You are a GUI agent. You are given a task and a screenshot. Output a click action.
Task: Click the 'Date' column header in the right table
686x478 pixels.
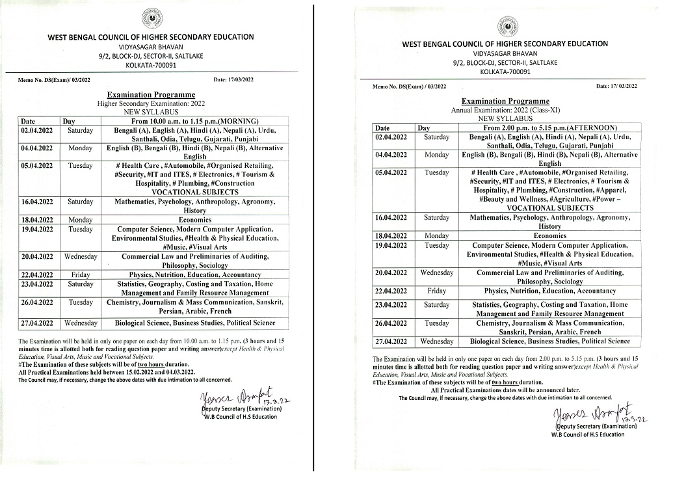pyautogui.click(x=382, y=128)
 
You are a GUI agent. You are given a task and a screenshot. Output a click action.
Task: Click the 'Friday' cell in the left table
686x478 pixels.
pyautogui.click(x=81, y=275)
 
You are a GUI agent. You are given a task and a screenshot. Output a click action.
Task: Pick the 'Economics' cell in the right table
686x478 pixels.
pyautogui.click(x=549, y=235)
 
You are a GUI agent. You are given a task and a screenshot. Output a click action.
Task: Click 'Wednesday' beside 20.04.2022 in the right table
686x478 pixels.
pyautogui.click(x=436, y=272)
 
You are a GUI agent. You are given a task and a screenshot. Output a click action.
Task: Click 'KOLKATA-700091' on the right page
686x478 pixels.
pyautogui.click(x=505, y=72)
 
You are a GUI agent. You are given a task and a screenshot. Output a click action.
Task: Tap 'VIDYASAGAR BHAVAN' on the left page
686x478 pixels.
pyautogui.click(x=152, y=47)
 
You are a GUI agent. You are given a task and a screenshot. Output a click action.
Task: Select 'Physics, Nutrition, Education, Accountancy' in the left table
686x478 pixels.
pyautogui.click(x=195, y=275)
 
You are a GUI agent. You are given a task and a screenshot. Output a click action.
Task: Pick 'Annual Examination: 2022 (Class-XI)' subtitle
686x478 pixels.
pyautogui.click(x=505, y=111)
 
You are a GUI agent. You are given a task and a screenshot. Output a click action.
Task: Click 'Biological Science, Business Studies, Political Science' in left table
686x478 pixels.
pyautogui.click(x=195, y=323)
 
